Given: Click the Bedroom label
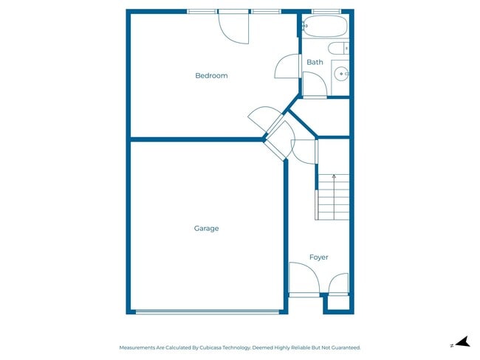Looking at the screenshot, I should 211,76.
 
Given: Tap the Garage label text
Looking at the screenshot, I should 206,229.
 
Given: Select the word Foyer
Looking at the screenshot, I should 318,257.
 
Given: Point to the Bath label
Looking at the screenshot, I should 315,63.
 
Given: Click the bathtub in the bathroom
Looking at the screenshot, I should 326,27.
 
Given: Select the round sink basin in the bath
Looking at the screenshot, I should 340,73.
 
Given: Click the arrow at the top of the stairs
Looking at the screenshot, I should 334,177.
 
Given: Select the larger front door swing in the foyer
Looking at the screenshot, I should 303,278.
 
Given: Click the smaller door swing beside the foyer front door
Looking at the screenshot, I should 338,283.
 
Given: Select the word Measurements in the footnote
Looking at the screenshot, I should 138,347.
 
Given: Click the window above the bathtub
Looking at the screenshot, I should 326,11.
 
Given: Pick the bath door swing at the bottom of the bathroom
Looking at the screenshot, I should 315,86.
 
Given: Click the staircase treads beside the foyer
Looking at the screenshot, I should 333,197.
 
